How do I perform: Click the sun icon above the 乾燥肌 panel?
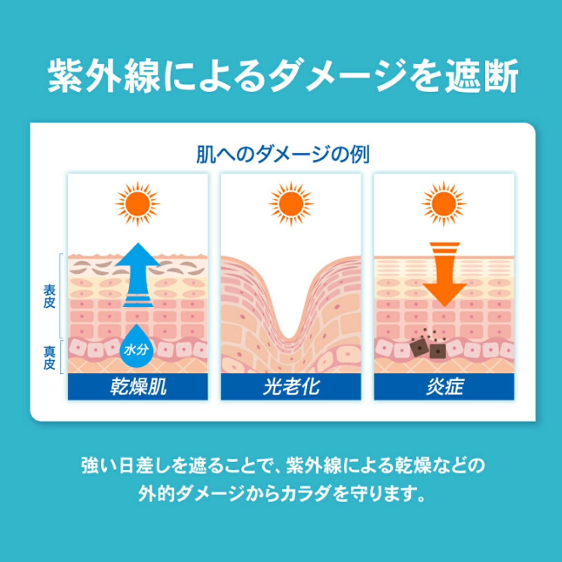tap(137, 204)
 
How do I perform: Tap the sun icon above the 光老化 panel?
tap(291, 204)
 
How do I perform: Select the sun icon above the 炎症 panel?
tap(444, 204)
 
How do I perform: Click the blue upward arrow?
tap(138, 275)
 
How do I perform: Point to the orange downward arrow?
tap(444, 274)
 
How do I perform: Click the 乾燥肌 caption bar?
tap(138, 387)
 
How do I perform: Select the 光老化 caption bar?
tap(291, 387)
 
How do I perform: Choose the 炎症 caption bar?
tap(444, 387)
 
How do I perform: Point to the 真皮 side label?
tap(49, 358)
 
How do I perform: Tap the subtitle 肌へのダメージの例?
tap(282, 155)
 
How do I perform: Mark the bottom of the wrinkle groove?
tap(290, 338)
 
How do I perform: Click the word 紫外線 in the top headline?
tap(104, 76)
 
